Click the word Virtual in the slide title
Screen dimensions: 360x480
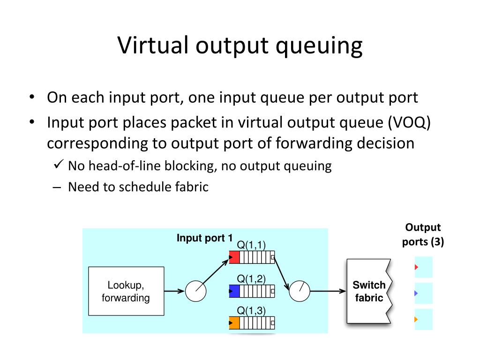152,45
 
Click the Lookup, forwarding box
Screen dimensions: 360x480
126,291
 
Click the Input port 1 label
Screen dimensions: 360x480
204,238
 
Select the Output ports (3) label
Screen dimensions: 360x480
423,235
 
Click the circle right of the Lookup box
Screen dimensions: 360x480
196,291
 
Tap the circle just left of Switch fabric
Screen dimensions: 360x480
300,291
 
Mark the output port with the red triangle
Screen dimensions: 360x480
423,267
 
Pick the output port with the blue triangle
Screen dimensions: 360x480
423,293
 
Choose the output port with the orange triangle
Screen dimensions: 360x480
423,320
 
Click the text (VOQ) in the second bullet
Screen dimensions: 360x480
409,122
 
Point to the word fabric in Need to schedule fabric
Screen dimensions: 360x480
192,187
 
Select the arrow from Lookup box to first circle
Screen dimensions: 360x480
174,291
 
